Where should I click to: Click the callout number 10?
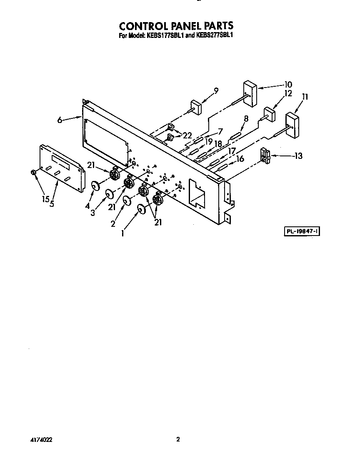(x=288, y=84)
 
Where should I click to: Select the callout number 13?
(x=298, y=156)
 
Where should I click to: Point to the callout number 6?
(x=60, y=120)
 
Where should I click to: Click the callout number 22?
(x=187, y=135)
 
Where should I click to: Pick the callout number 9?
(x=216, y=90)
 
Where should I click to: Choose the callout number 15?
(x=45, y=199)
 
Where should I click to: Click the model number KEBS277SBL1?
(x=214, y=35)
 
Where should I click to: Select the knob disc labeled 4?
(x=95, y=186)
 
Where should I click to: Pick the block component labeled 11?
(x=292, y=125)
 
